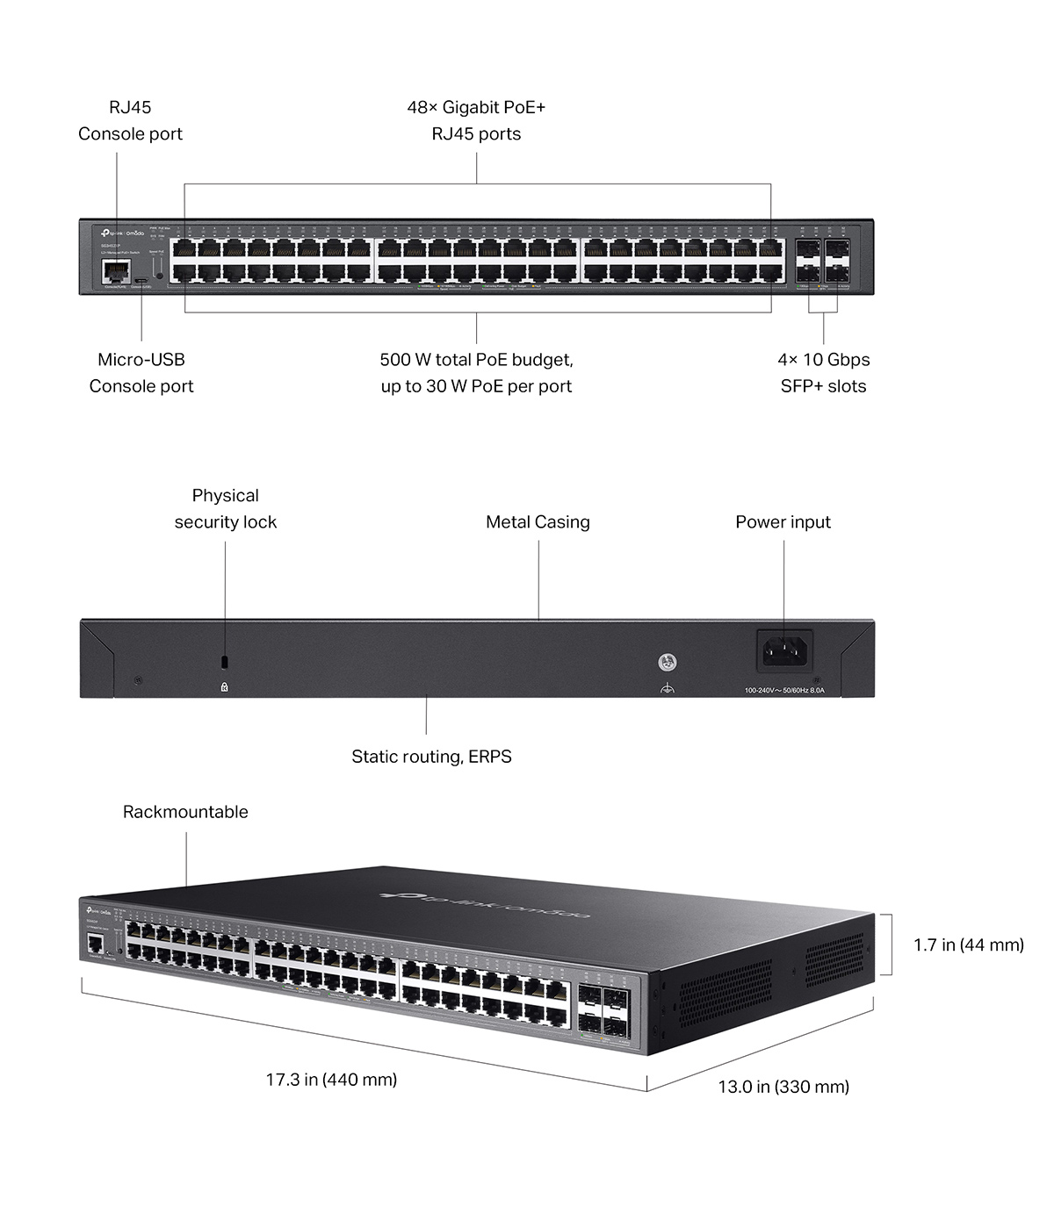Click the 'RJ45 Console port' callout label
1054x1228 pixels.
pos(130,120)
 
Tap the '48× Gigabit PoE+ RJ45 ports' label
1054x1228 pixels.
pos(476,120)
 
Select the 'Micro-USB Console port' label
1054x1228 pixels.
pos(141,372)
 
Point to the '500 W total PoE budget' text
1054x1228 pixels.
pos(476,360)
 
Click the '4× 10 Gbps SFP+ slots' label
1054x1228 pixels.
pos(823,372)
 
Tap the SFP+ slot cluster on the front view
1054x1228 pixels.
pos(822,261)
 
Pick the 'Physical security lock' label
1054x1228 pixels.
pos(225,508)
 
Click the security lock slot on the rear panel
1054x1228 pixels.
pos(225,660)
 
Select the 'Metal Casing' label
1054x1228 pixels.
pos(538,521)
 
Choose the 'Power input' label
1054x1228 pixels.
pos(783,521)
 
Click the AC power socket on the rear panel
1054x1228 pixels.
pos(784,650)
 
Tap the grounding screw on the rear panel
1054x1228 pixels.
pos(668,662)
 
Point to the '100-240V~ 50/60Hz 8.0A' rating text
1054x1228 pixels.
pos(784,690)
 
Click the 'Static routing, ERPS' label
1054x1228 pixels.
pos(431,756)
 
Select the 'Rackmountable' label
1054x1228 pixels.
pos(185,812)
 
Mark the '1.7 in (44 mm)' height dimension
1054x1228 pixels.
pos(968,944)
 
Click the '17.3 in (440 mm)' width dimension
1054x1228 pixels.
pos(331,1079)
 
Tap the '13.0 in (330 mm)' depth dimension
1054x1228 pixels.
pos(783,1087)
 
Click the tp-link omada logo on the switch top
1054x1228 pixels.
pos(486,904)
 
